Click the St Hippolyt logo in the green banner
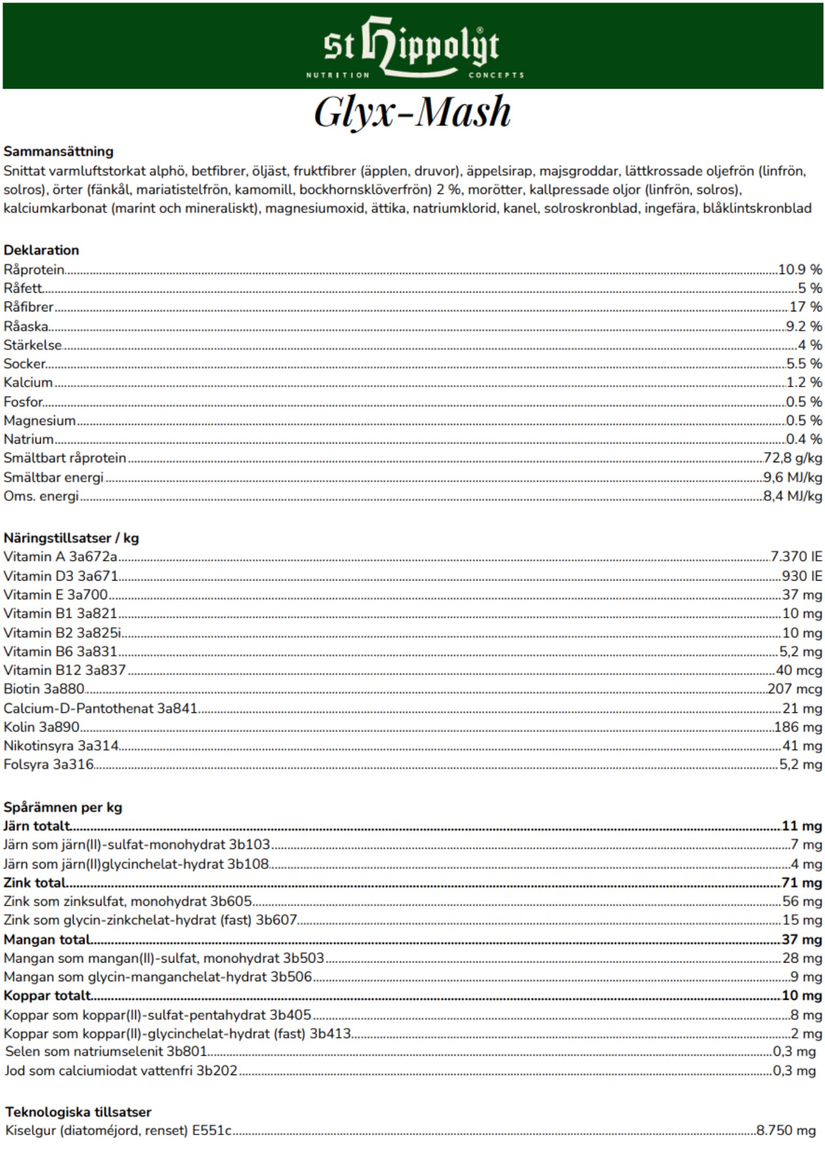tap(412, 48)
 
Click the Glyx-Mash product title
tap(412, 111)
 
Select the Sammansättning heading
tap(58, 152)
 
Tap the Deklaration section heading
tap(41, 250)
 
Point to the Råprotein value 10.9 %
tap(800, 269)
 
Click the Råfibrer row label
tap(29, 307)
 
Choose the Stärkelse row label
tap(33, 345)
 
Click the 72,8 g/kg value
tap(793, 458)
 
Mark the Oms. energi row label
tap(41, 496)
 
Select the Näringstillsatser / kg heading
tap(71, 538)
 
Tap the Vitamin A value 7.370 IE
tap(796, 557)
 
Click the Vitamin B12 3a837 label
tap(65, 670)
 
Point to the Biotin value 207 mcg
tap(795, 689)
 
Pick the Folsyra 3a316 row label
tap(48, 764)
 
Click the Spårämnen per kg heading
tap(63, 807)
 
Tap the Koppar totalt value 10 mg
tap(802, 996)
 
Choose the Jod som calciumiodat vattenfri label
tap(121, 1070)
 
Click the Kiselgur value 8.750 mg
tap(786, 1130)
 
